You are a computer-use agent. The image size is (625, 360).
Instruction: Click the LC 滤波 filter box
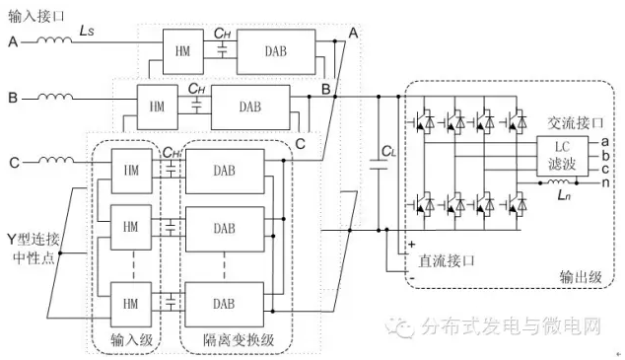coord(562,156)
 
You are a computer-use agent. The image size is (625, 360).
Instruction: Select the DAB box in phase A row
coord(276,51)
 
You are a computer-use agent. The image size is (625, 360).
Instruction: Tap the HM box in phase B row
coord(157,107)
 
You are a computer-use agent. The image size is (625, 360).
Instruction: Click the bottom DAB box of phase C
coord(225,305)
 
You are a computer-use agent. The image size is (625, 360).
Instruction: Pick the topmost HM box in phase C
coord(131,171)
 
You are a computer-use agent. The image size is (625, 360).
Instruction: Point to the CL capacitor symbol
coord(379,165)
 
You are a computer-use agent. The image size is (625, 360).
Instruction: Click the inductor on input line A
coord(54,39)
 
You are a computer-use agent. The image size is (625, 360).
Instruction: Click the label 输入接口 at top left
coord(35,17)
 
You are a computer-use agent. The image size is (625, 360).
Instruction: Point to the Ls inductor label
coord(87,31)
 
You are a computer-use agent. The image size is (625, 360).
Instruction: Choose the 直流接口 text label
coord(447,260)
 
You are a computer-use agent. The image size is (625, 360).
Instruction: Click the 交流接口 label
coord(575,123)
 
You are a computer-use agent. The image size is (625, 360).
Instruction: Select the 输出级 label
coord(581,276)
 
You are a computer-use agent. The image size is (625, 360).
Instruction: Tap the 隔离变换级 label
coord(239,340)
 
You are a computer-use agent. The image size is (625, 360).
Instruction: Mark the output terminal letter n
coord(605,182)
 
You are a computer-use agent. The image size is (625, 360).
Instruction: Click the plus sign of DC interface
coord(412,244)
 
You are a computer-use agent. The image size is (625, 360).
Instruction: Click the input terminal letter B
coord(13,98)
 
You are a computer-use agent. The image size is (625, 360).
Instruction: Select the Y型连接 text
coord(34,240)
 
